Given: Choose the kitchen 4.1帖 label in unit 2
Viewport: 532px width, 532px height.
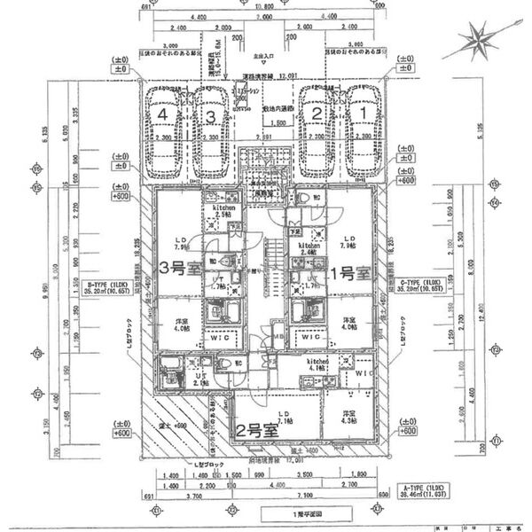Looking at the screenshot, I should click(x=318, y=366).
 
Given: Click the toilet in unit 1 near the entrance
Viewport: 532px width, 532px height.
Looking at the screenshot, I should click(x=301, y=198).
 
